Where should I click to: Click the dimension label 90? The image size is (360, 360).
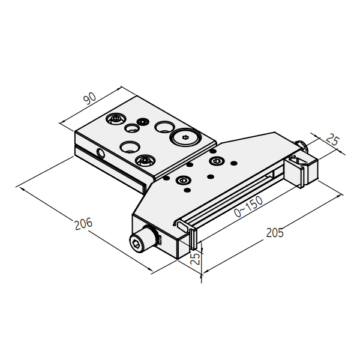[x=90, y=98]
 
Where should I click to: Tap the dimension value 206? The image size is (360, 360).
[x=83, y=224]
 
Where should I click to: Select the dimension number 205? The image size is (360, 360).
[x=275, y=233]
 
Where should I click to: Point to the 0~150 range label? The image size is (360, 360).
[x=248, y=206]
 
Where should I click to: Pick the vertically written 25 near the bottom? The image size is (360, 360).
[x=196, y=259]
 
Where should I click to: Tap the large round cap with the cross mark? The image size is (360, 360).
[x=185, y=137]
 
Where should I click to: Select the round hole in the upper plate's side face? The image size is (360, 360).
[x=101, y=154]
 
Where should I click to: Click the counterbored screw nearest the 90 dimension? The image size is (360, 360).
[x=115, y=119]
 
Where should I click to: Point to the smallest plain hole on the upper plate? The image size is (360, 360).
[x=132, y=128]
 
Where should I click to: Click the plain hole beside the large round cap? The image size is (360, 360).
[x=164, y=127]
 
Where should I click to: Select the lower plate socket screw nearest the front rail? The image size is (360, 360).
[x=183, y=180]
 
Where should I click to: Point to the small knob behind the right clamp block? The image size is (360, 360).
[x=301, y=145]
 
